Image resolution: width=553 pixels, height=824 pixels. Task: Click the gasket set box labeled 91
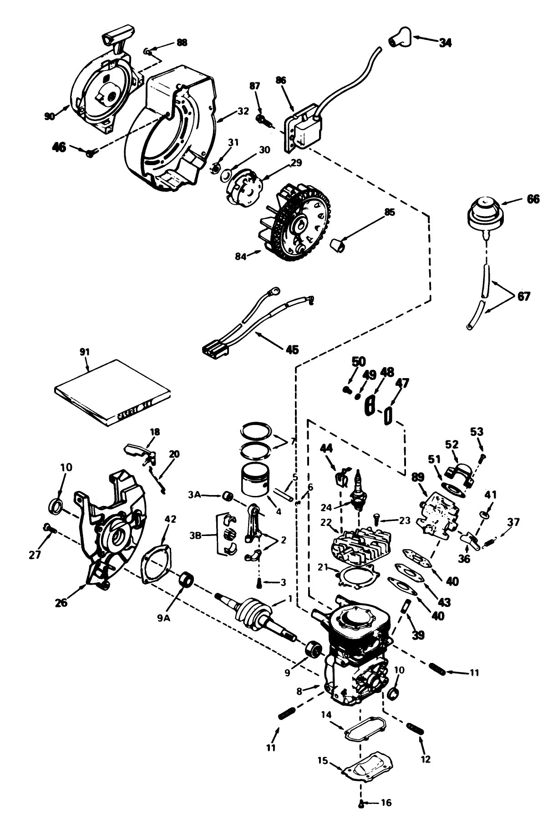coord(113,392)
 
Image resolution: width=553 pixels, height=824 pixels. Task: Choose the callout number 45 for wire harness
coord(292,349)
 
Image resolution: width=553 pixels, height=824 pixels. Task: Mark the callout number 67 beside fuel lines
coord(524,296)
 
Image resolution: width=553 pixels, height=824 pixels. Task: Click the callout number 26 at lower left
coord(61,602)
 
